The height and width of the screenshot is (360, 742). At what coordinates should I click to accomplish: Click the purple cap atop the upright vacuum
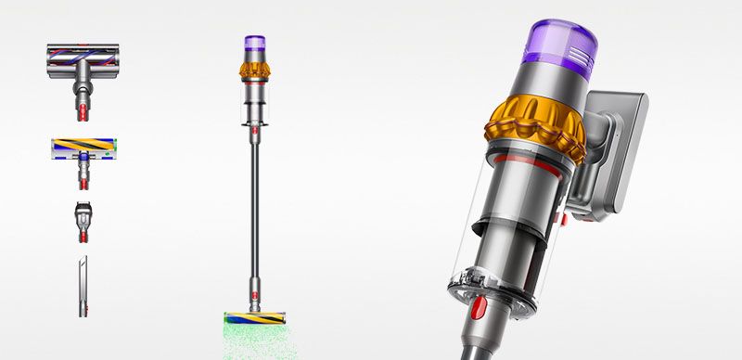[x=255, y=45]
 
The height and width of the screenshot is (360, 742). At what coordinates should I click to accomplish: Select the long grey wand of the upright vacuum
[x=253, y=204]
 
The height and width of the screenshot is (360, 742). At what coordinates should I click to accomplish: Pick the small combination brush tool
[x=82, y=219]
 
